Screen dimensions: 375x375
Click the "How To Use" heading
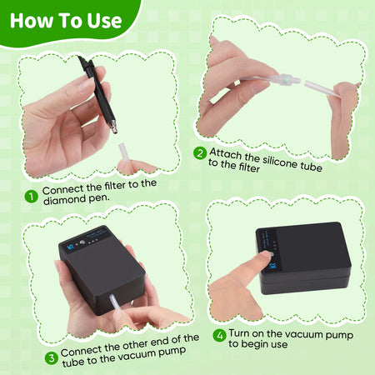click(x=66, y=21)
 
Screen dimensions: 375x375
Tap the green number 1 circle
click(x=32, y=197)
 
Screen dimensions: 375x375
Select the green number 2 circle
click(x=200, y=153)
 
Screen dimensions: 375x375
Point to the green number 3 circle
click(x=52, y=357)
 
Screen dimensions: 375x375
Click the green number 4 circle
click(x=219, y=335)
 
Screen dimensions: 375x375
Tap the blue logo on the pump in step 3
click(x=71, y=247)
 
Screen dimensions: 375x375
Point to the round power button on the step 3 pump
click(x=82, y=242)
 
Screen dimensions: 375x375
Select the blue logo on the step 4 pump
click(x=273, y=265)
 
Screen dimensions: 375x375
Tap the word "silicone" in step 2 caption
click(x=280, y=162)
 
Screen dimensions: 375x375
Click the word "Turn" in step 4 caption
click(x=240, y=332)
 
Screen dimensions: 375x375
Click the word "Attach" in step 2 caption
click(x=226, y=153)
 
